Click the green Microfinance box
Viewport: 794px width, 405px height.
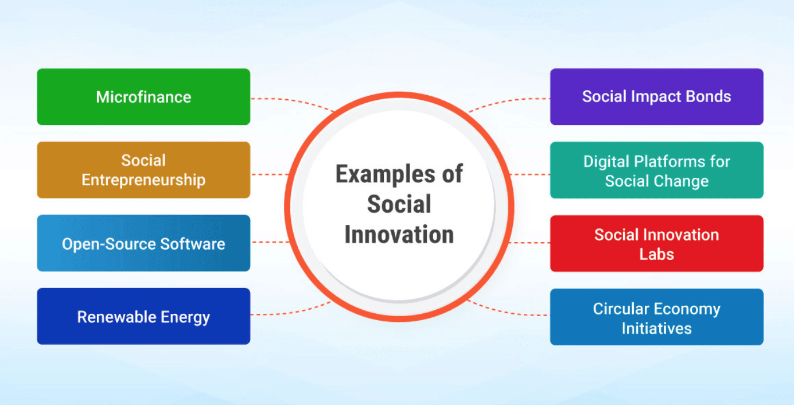tap(143, 97)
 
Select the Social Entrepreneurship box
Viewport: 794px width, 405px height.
tap(143, 170)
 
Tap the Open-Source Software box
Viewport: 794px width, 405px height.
tap(143, 243)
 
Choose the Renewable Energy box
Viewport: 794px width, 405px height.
tap(143, 317)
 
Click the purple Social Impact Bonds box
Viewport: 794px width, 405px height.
tap(657, 97)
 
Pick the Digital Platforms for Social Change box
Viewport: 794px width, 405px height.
tap(657, 170)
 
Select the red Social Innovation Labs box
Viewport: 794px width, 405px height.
tap(657, 243)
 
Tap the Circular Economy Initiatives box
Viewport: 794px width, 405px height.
tap(657, 317)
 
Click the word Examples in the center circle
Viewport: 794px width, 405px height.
tap(386, 174)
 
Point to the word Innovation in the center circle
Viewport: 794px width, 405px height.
tap(399, 235)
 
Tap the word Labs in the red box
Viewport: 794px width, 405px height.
tap(656, 254)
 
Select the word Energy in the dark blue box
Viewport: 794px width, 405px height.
tap(185, 317)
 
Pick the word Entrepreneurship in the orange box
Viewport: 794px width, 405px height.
tap(143, 180)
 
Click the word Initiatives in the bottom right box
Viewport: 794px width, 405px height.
tap(656, 329)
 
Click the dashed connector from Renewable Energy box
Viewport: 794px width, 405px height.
tap(291, 310)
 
